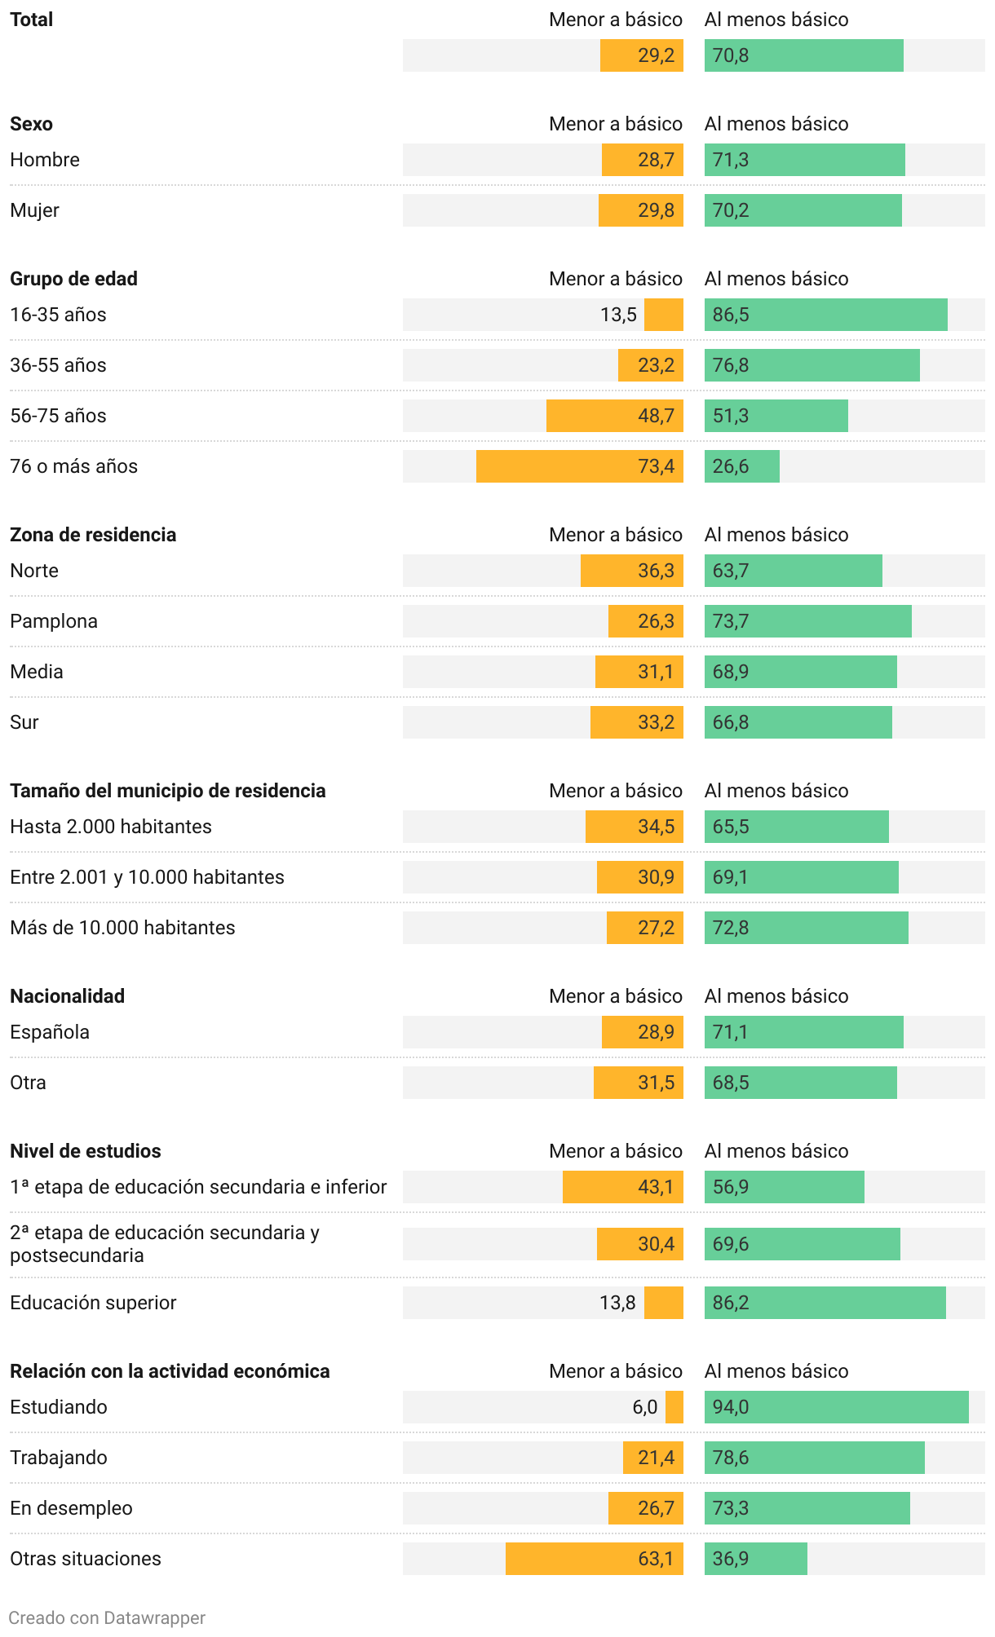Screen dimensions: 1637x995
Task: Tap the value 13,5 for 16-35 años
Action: [618, 315]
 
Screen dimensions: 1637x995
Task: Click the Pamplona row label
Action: [54, 621]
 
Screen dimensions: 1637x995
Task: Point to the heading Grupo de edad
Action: [73, 279]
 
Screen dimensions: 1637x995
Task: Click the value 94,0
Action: [731, 1407]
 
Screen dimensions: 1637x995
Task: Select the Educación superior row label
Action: [93, 1303]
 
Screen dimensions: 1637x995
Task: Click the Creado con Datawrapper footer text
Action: [107, 1617]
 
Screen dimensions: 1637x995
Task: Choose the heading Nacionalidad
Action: [67, 996]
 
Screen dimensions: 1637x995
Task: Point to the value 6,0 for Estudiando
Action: [644, 1407]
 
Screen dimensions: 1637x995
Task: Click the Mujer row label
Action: [34, 210]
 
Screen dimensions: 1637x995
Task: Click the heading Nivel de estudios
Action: [86, 1151]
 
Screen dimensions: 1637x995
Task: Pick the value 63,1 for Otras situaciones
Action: [656, 1559]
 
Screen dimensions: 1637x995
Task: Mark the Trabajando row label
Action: [59, 1458]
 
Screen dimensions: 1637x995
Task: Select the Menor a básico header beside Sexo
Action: [616, 124]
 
